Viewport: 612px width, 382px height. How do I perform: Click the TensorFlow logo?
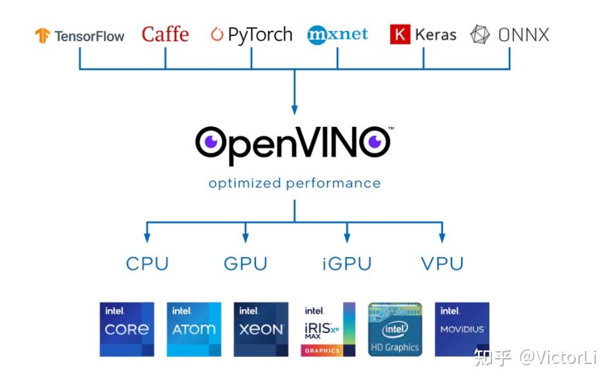80,35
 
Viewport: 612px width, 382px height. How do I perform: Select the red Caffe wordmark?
165,34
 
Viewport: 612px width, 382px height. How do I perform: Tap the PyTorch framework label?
252,35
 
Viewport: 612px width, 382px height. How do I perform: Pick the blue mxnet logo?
337,34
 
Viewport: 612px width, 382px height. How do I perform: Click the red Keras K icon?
400,35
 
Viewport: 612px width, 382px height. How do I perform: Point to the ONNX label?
509,35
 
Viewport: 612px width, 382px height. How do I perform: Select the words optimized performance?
294,184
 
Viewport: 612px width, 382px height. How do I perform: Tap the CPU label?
147,264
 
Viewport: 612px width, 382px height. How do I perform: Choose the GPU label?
245,264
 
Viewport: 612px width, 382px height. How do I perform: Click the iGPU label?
346,264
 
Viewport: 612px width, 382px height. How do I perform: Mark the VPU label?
442,264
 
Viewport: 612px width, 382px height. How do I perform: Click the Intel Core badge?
127,329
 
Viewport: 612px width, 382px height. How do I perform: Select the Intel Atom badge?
193,329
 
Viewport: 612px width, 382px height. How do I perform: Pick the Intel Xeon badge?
261,329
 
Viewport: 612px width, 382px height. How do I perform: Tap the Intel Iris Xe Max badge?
328,329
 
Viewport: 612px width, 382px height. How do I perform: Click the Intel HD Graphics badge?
395,329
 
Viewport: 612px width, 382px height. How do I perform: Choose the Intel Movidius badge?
462,329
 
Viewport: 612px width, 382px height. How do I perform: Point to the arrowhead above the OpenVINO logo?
295,110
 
